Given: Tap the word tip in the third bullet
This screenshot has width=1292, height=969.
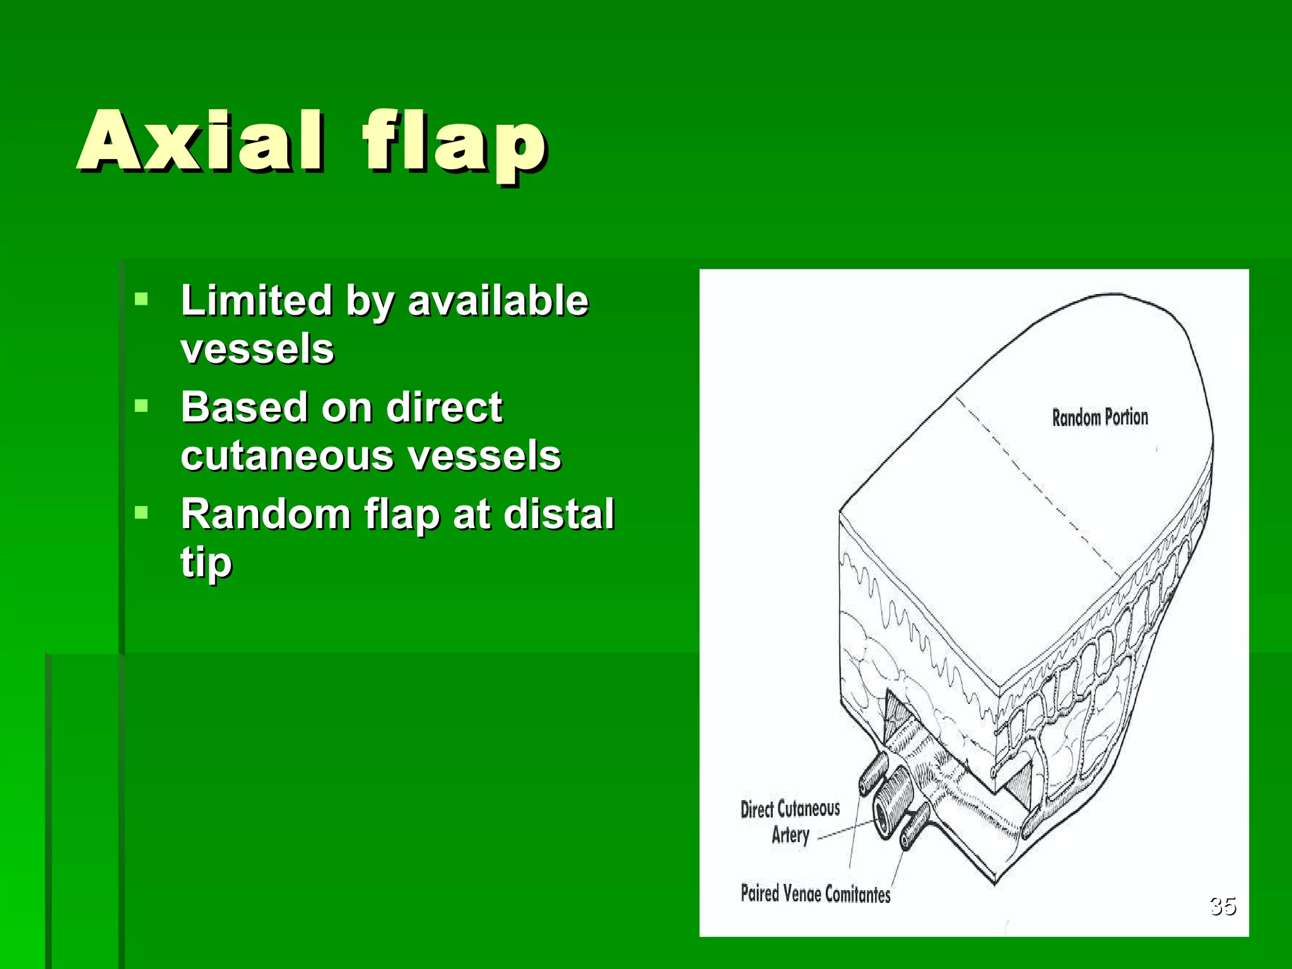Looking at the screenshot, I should point(206,562).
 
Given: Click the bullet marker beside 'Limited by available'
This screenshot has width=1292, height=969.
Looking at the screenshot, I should point(141,298).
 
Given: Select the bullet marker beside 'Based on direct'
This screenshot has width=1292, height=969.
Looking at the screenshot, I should point(141,406).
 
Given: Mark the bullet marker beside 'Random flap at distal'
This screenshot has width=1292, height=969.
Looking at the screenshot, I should point(141,512).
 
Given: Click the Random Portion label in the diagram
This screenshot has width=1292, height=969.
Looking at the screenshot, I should point(1100,417).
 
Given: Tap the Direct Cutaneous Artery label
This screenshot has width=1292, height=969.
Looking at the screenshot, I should point(790,821).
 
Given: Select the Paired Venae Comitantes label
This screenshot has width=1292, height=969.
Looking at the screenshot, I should point(815,893).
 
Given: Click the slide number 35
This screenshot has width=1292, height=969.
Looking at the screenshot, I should point(1223,906).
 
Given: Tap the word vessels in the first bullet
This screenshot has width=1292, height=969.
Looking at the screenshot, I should point(257,349).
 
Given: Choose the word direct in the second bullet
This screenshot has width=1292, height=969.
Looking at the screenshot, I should point(444,407).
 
